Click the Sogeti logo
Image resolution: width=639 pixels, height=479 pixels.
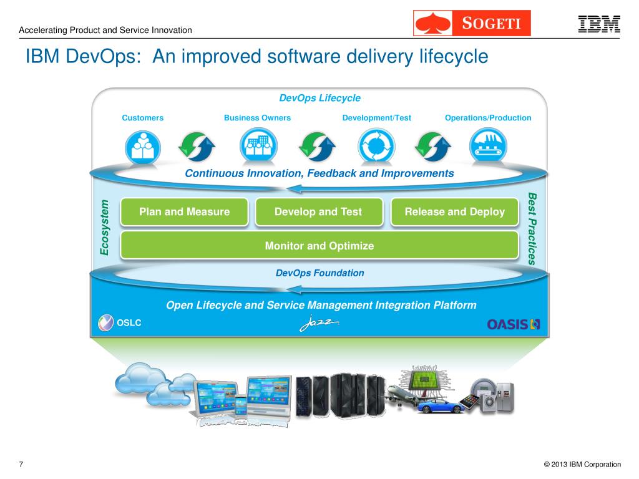pos(472,24)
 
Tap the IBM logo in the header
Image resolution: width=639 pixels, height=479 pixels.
pos(598,24)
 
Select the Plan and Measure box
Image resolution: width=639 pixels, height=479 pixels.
pos(184,212)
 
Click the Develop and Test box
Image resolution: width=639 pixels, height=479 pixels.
pos(318,212)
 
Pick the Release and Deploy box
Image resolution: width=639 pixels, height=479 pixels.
pos(454,212)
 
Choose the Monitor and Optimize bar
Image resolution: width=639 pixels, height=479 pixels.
pos(319,246)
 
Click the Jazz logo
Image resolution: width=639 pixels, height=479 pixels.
pos(319,324)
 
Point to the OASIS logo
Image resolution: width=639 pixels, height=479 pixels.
pos(514,324)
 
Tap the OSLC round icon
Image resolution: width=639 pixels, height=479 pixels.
pos(106,323)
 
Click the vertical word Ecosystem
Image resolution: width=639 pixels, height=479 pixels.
pos(105,228)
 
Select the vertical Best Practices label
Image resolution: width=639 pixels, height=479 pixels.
pos(532,229)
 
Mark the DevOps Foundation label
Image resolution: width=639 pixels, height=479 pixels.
pos(319,273)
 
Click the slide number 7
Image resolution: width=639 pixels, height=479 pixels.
pos(21,464)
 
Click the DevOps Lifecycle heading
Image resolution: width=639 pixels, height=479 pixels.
pos(319,98)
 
